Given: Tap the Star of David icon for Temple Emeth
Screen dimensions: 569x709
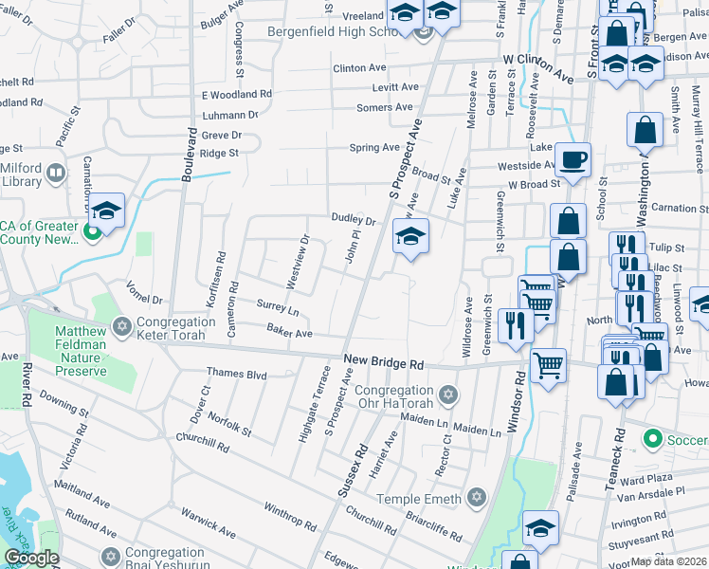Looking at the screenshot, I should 477,498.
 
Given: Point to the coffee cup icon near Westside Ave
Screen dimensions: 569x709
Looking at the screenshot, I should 573,159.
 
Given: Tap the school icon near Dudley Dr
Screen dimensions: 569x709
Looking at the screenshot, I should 410,235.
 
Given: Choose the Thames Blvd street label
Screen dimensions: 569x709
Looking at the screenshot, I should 237,374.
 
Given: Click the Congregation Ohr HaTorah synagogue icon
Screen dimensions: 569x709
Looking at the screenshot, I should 449,394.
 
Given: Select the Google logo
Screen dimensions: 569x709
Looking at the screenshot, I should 31,558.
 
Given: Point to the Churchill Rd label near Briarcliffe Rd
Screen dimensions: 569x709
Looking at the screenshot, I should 371,522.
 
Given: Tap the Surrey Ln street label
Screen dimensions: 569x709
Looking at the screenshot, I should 278,308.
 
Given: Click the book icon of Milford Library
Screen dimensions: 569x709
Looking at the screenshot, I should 56,174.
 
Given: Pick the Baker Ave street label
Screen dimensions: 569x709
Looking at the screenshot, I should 289,333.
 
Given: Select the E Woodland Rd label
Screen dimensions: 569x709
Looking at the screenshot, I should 237,95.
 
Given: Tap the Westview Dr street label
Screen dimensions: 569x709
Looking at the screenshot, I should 299,261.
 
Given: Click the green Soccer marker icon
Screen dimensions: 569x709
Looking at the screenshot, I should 651,440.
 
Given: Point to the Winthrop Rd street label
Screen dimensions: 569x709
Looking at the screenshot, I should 289,517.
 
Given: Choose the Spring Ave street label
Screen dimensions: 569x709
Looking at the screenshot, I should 374,148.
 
